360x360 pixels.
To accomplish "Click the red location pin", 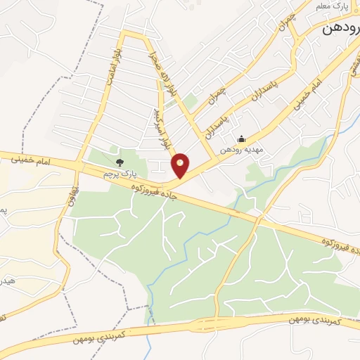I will click(181, 165).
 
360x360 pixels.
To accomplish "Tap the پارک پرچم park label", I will click(117, 173).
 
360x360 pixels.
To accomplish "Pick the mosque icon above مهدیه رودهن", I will click(242, 139).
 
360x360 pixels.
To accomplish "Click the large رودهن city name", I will click(342, 30).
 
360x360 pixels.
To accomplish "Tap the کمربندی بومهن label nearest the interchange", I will click(315, 320).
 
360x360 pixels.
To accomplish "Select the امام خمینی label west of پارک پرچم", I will click(31, 161).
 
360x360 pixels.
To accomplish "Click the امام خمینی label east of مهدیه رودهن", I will click(315, 92).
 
